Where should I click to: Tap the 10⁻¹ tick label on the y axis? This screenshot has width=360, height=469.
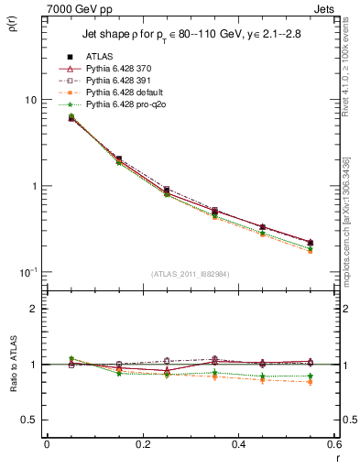tap(27, 272)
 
